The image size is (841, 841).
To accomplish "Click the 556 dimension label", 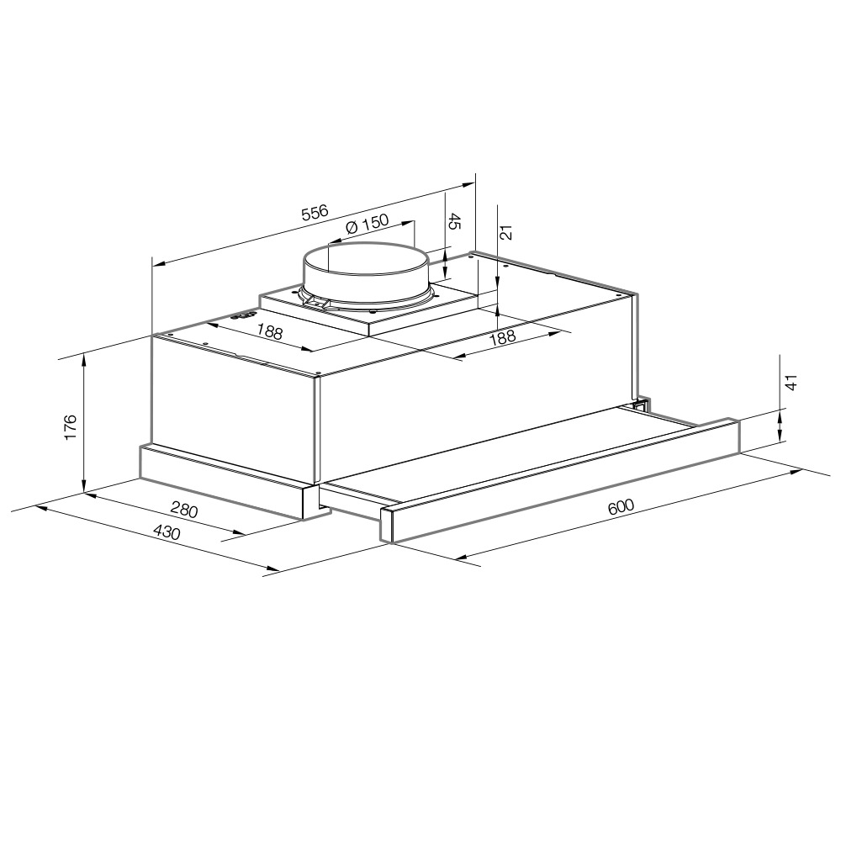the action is (x=315, y=212).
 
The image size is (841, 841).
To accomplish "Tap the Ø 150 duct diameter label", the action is (x=368, y=224).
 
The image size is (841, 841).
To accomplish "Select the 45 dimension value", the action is (x=454, y=221).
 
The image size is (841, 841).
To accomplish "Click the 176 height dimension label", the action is (x=71, y=427).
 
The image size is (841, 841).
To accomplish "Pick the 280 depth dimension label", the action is (x=184, y=509).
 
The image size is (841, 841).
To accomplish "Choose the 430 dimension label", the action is (x=167, y=532).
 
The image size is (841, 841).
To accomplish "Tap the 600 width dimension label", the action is (x=621, y=505).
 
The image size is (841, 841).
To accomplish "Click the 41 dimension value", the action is (x=791, y=382).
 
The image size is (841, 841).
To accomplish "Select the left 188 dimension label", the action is (x=269, y=332).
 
